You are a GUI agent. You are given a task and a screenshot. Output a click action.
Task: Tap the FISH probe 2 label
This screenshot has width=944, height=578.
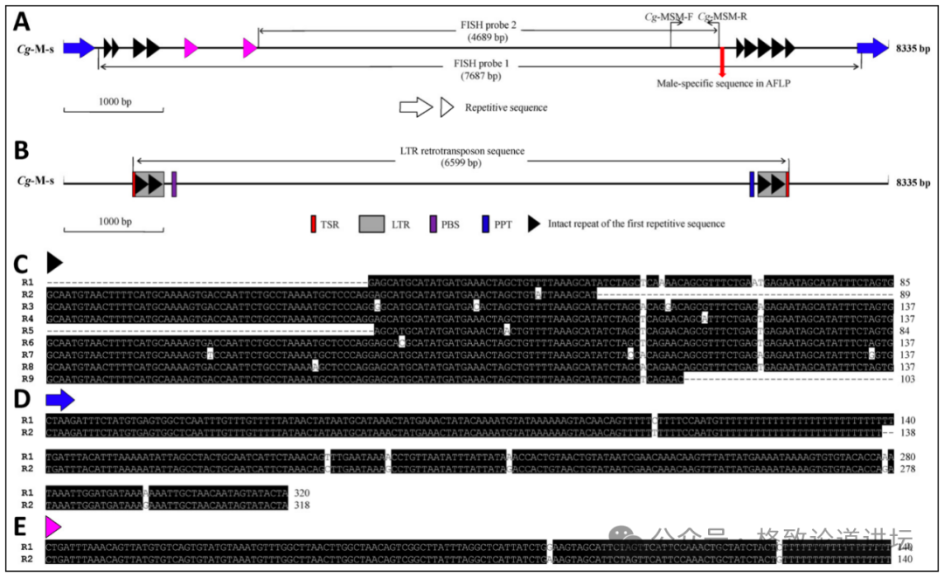[488, 25]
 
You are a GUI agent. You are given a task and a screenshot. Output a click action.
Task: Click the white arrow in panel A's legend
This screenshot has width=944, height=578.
[416, 107]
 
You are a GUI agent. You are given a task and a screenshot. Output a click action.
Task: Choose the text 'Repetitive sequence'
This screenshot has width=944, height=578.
[506, 107]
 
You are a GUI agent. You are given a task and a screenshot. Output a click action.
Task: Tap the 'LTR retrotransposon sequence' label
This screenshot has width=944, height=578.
[462, 150]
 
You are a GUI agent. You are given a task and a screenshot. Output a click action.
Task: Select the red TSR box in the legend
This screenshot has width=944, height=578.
[313, 224]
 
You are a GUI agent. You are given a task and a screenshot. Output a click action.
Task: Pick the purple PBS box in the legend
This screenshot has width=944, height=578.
[432, 224]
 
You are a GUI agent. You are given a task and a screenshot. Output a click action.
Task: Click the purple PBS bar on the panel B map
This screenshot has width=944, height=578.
[175, 183]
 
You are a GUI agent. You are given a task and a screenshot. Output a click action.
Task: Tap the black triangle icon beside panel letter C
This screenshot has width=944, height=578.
[55, 261]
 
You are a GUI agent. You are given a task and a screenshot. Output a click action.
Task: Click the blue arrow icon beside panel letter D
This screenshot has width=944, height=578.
[59, 401]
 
